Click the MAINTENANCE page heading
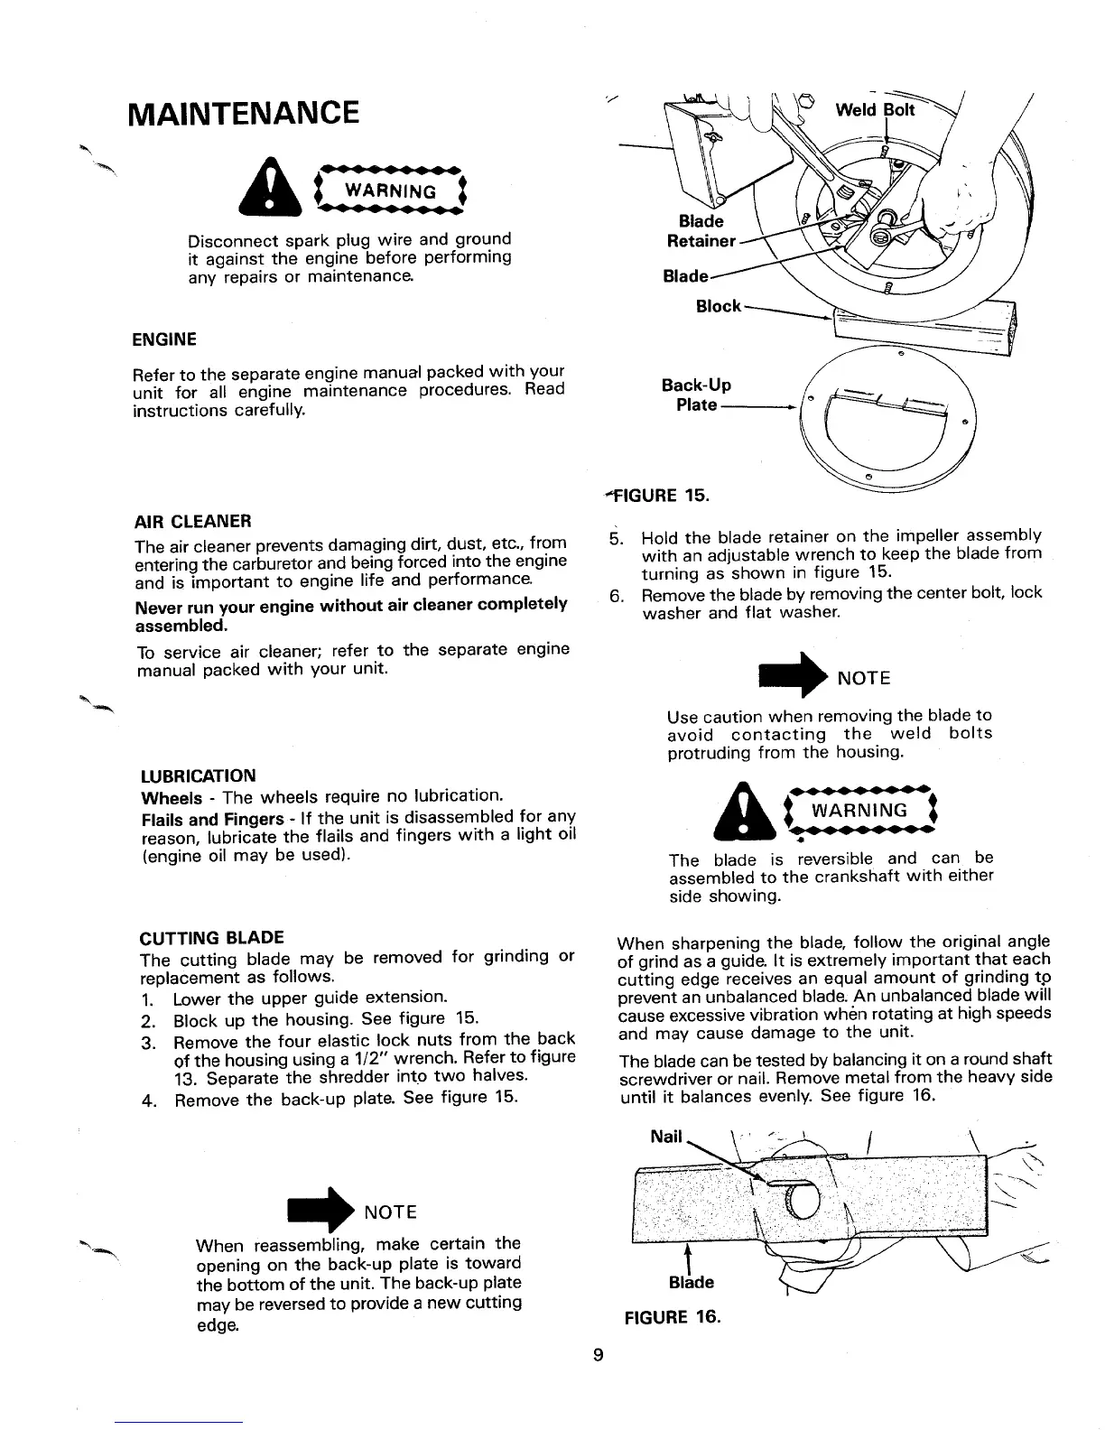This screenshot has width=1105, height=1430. tap(243, 115)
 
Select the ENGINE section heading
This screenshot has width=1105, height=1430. tap(164, 339)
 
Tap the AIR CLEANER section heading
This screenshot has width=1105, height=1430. tap(192, 521)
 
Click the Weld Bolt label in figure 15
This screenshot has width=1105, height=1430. tap(875, 110)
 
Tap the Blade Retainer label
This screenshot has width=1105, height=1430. tap(701, 231)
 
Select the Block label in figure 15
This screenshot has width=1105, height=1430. tap(718, 306)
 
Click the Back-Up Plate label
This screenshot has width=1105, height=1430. tap(696, 395)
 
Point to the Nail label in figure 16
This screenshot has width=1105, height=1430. tap(666, 1137)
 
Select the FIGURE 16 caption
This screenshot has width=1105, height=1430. tap(673, 1315)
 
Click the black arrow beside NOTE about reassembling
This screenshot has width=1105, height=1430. tap(320, 1210)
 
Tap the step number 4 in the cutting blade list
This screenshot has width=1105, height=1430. tap(146, 1101)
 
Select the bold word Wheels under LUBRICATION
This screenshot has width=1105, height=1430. tap(172, 798)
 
